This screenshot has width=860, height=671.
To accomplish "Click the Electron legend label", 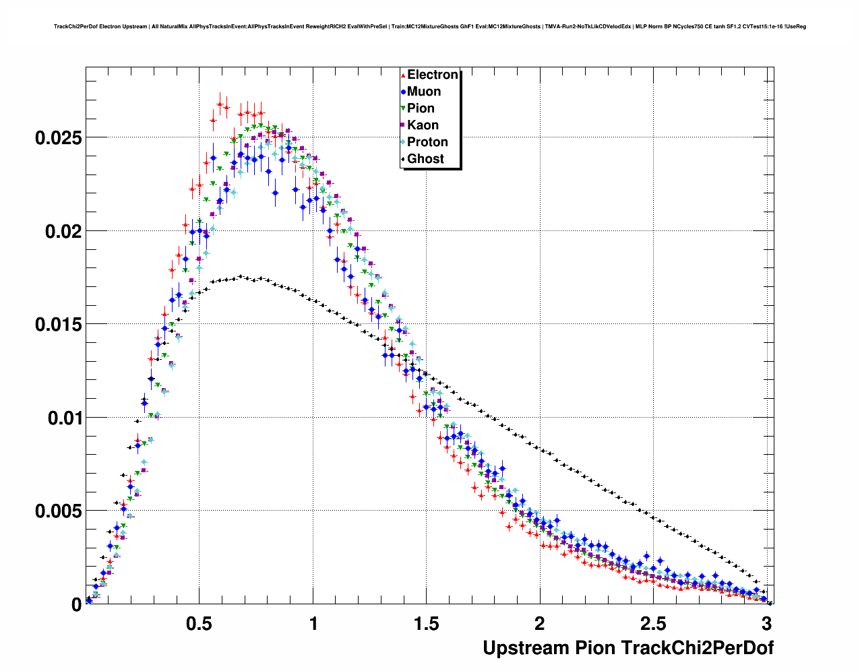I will [433, 75].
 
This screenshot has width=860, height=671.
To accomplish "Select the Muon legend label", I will [424, 92].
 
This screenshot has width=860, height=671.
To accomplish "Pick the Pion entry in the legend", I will [421, 108].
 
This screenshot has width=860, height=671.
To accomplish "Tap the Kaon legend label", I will [423, 125].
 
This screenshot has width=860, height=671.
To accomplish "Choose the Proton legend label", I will [427, 142].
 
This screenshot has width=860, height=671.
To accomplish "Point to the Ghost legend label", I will [425, 159].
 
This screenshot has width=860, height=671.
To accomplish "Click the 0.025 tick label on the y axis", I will [58, 138].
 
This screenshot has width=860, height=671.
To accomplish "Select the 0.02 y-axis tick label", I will [63, 231].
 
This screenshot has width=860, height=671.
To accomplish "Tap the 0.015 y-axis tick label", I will [58, 325].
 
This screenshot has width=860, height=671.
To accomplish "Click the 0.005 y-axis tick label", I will [58, 511].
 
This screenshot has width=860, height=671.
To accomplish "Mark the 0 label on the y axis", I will [76, 605].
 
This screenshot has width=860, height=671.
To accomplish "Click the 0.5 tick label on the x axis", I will [199, 624].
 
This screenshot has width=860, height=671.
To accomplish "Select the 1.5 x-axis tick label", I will [426, 624].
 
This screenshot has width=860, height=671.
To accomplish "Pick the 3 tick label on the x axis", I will [766, 624].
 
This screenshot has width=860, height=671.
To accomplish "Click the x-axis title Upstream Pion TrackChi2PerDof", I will [628, 648].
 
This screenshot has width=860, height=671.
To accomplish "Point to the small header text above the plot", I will [430, 27].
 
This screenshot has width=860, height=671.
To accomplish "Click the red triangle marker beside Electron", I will [403, 75].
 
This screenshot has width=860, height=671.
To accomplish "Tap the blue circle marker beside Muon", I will [403, 92].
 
